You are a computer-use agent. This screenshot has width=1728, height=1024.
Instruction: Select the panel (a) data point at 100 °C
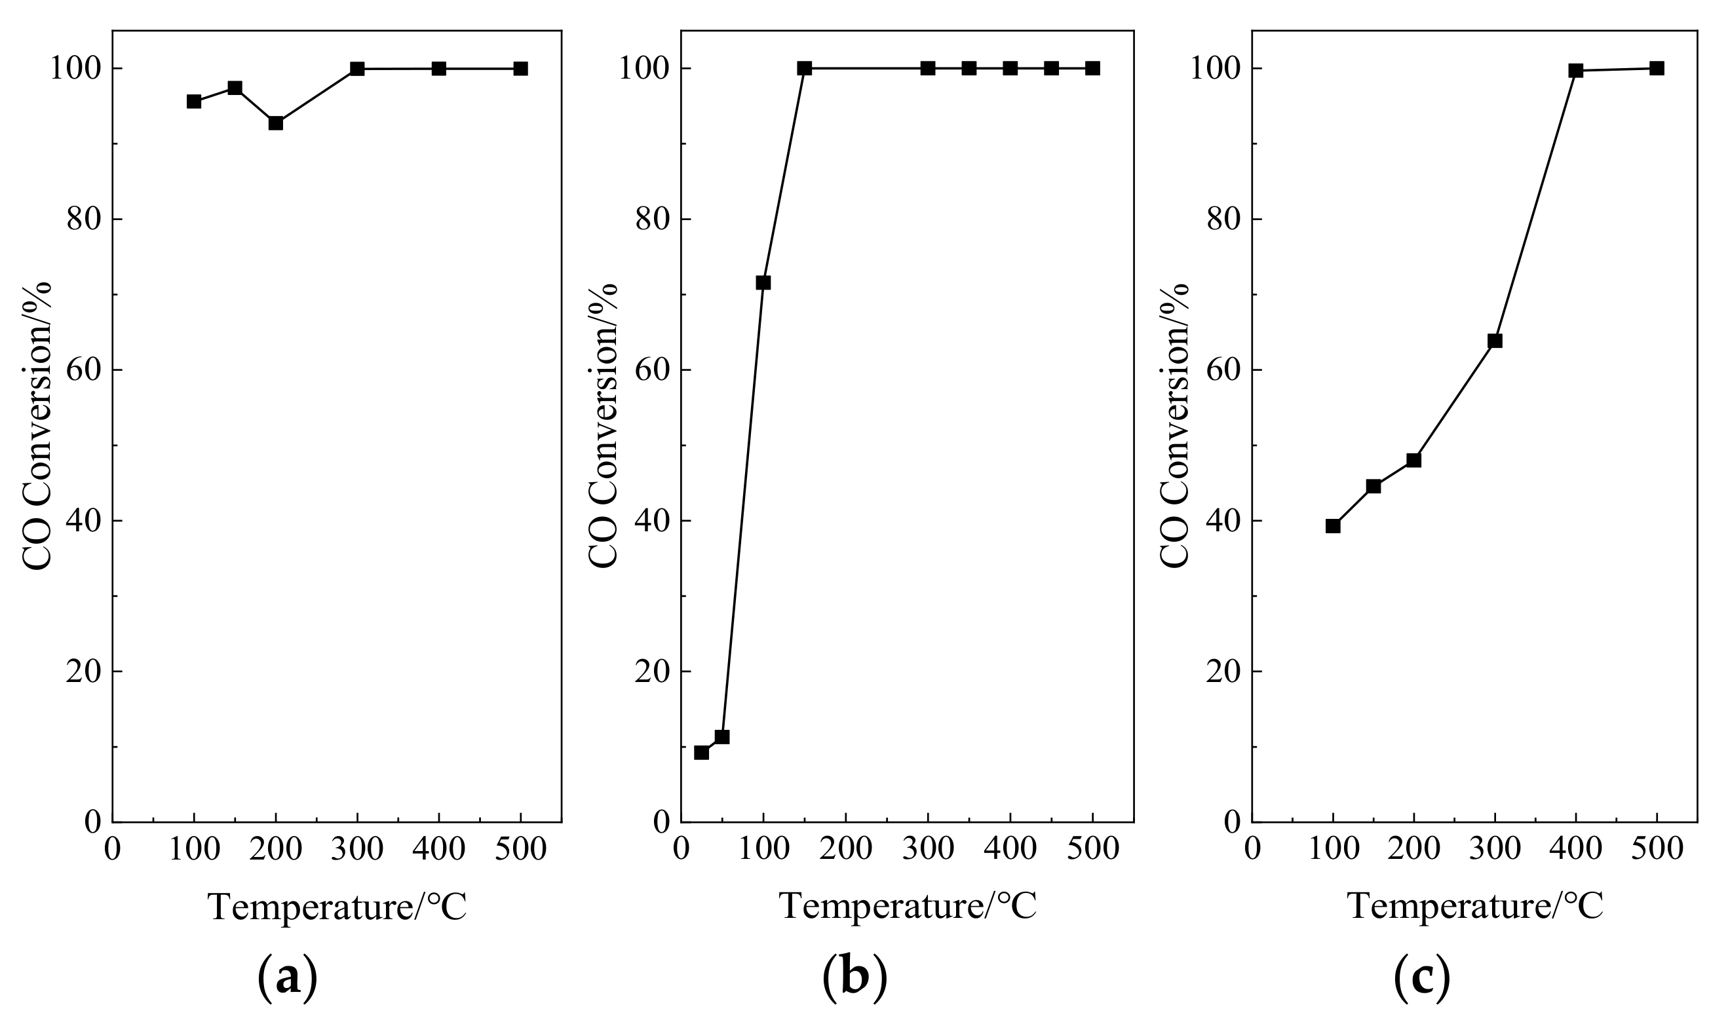(x=194, y=102)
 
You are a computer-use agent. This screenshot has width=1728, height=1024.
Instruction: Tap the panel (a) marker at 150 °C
(x=235, y=88)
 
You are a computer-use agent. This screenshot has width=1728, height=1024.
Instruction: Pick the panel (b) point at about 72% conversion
(x=763, y=283)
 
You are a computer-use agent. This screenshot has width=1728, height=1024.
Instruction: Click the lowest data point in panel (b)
(x=701, y=752)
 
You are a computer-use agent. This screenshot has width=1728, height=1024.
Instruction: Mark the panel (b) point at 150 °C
(x=804, y=68)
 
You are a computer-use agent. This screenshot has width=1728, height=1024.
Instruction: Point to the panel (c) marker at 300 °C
(x=1495, y=341)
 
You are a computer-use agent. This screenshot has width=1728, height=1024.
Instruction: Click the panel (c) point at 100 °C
(x=1333, y=527)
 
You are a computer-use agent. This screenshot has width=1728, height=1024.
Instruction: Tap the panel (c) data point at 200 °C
(x=1413, y=461)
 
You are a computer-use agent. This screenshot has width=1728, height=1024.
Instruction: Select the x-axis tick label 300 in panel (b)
(x=927, y=848)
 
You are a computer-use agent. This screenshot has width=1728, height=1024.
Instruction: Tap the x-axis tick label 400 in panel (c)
(x=1575, y=848)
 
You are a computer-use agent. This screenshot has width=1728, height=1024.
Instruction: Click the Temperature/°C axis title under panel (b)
(x=908, y=906)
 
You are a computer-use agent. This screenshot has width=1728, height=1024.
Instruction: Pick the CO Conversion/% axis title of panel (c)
(x=1174, y=425)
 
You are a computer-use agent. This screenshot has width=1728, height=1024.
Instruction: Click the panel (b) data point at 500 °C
(x=1092, y=68)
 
